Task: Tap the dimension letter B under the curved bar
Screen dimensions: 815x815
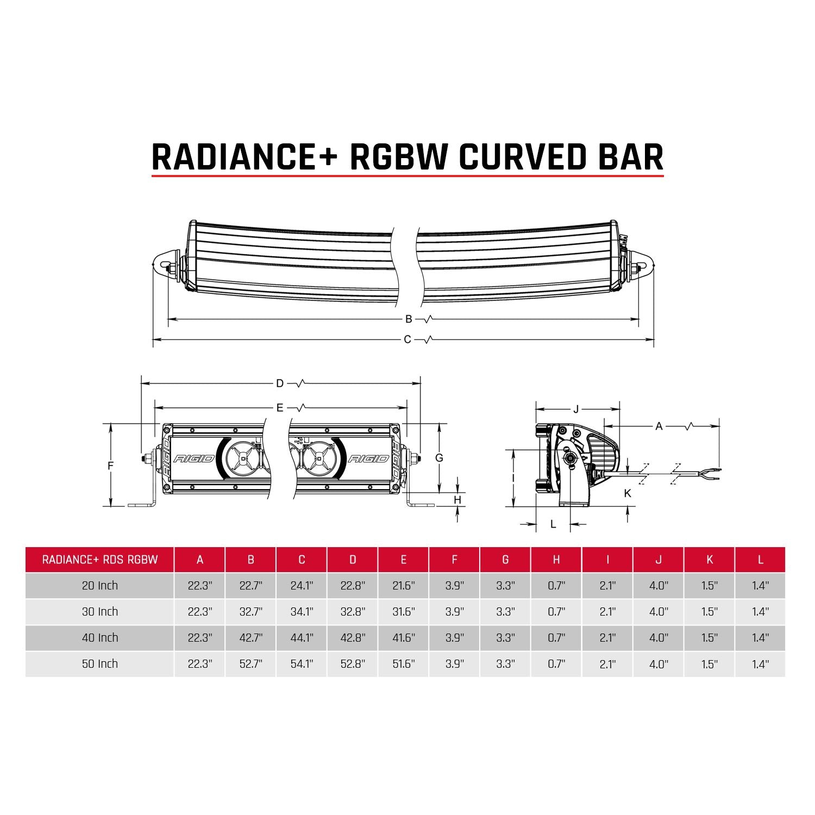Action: click(x=409, y=319)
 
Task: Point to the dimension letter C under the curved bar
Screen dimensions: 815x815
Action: click(x=407, y=340)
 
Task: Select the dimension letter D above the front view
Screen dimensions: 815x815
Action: click(x=280, y=384)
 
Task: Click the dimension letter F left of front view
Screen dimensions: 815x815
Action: click(x=110, y=466)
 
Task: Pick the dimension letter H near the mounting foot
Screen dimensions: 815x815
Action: click(x=457, y=500)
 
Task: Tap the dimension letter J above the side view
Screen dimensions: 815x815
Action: click(x=576, y=409)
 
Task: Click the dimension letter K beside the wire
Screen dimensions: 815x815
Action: click(x=628, y=493)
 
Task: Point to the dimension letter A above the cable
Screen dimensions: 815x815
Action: click(x=659, y=427)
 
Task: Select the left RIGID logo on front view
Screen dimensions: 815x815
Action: click(x=194, y=459)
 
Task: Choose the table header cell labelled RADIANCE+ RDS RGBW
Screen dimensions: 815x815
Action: click(x=100, y=560)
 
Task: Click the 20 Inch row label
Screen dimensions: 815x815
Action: click(x=100, y=586)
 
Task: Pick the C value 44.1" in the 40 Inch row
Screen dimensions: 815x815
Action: click(x=302, y=638)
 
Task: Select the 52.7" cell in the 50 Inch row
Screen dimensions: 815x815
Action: click(x=250, y=664)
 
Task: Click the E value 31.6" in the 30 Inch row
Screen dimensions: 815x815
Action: click(x=404, y=612)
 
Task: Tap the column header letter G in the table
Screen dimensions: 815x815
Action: click(x=505, y=560)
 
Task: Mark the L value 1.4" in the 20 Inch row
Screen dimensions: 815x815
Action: click(x=760, y=586)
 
